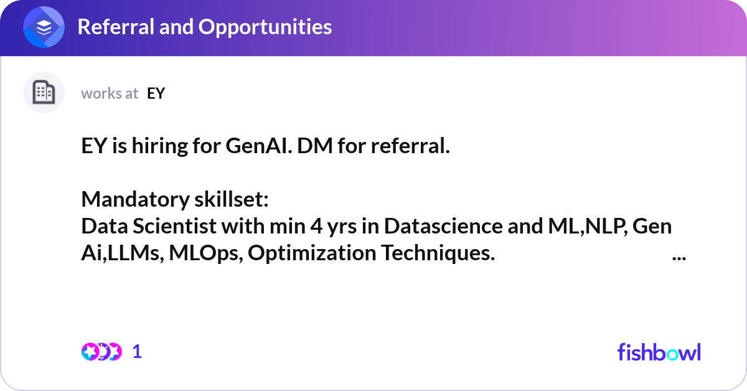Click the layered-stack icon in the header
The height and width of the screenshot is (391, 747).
tap(44, 27)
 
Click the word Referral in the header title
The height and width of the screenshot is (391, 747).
tap(116, 27)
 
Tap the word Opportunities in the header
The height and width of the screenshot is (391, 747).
tap(265, 27)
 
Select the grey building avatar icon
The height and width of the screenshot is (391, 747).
tap(44, 92)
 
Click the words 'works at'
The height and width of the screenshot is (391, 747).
tap(110, 93)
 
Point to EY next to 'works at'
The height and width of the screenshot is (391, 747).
tap(156, 93)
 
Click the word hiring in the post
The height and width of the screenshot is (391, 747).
tap(160, 146)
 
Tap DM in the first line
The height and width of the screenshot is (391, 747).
tap(315, 146)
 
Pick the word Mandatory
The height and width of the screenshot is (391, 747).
tap(136, 199)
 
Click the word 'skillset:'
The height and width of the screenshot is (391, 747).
tap(232, 199)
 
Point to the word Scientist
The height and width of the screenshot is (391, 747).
tap(175, 226)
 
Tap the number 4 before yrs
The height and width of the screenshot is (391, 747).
tap(316, 226)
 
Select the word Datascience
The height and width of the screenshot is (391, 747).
tap(443, 226)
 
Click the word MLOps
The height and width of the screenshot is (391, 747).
tap(206, 253)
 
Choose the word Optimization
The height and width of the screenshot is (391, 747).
tap(312, 253)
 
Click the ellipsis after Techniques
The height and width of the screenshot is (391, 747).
tap(679, 258)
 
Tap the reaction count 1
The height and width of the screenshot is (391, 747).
tap(137, 352)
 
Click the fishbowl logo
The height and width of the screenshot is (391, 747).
tap(659, 352)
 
